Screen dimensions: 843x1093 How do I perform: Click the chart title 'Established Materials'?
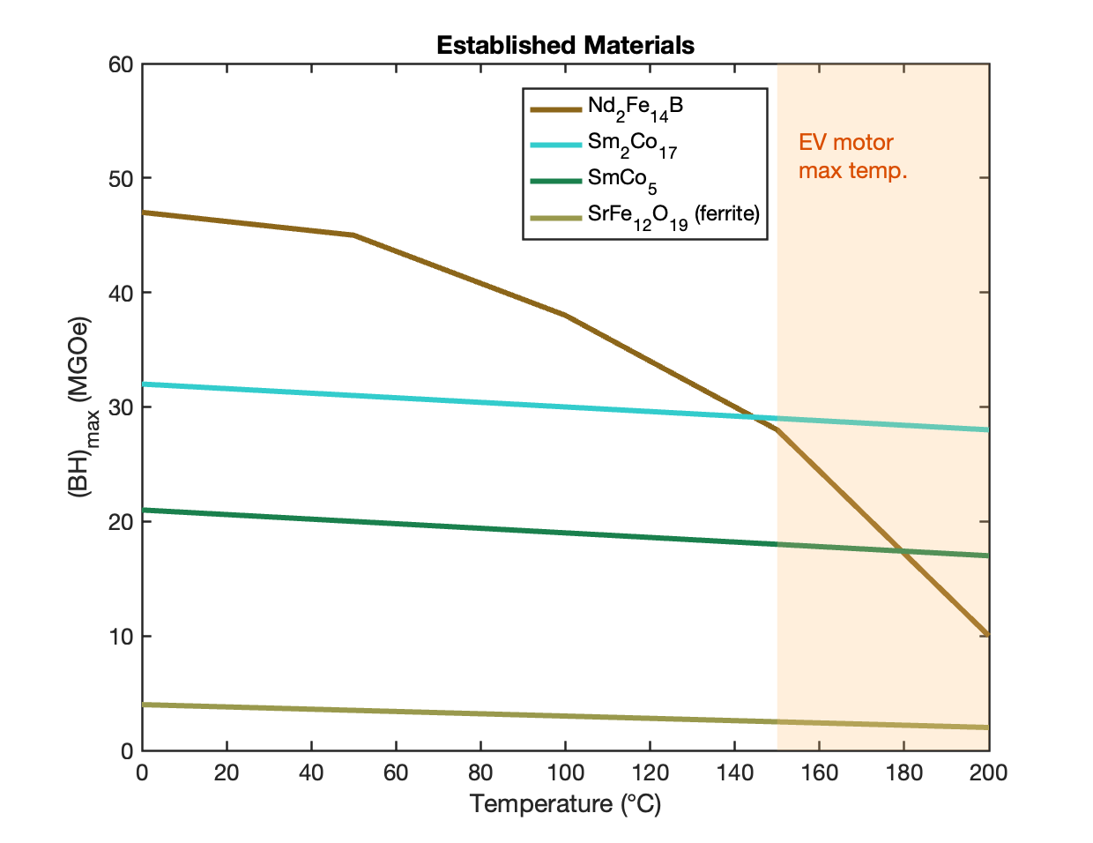click(x=565, y=46)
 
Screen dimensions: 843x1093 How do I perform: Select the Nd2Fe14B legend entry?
click(x=635, y=107)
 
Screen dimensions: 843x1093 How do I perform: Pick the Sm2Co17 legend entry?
click(x=632, y=144)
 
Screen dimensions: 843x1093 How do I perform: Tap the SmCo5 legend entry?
click(x=621, y=179)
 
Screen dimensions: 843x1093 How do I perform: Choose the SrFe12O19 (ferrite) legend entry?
click(x=673, y=215)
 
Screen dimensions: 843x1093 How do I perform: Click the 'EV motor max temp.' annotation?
click(x=852, y=156)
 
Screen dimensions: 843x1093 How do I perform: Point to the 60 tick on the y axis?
click(x=122, y=64)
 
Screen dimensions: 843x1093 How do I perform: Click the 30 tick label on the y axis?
click(x=122, y=407)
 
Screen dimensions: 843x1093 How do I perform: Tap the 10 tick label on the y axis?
click(x=122, y=636)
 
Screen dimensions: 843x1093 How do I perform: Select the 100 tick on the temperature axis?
click(x=565, y=773)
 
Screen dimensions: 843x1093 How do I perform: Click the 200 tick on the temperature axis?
click(x=988, y=773)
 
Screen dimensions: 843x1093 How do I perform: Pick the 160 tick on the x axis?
click(x=819, y=773)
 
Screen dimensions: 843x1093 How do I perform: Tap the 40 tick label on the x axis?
click(x=311, y=773)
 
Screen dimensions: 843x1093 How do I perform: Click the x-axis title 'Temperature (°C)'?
click(x=565, y=803)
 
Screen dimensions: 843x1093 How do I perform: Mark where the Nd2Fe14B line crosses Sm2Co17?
click(x=755, y=417)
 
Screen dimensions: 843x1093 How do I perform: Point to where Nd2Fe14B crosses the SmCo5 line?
click(x=902, y=552)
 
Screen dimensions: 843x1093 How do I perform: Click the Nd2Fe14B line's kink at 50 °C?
click(x=353, y=235)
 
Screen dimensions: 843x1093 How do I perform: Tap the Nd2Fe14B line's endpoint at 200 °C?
click(x=988, y=635)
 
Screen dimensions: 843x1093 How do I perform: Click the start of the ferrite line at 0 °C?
click(x=143, y=705)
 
